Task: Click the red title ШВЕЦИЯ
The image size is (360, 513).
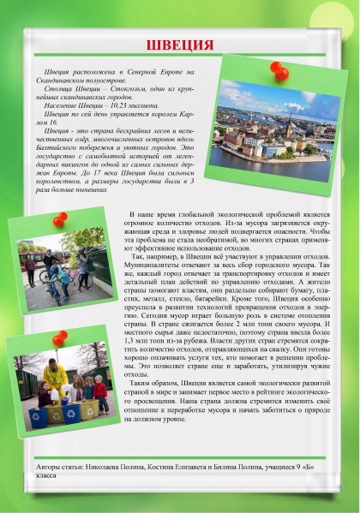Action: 180,45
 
